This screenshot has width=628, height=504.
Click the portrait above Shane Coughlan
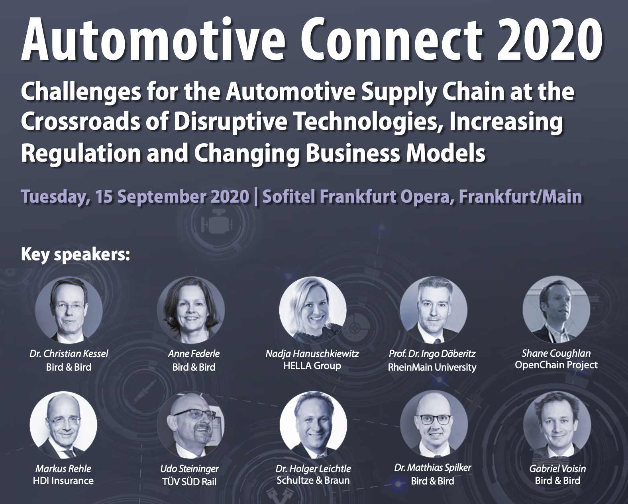click(x=556, y=310)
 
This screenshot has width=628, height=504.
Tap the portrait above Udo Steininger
click(x=191, y=425)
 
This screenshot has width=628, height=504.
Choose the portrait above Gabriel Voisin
click(x=557, y=425)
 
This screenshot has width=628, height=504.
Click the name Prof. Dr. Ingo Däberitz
click(x=432, y=354)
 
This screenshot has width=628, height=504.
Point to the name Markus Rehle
click(x=63, y=469)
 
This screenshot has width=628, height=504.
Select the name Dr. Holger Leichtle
click(x=313, y=469)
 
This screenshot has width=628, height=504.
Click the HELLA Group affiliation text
click(x=312, y=366)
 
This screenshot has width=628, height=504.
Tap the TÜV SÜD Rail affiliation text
click(x=189, y=482)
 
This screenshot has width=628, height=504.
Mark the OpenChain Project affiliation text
click(x=556, y=365)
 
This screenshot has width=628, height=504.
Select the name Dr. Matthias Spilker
click(x=432, y=468)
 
